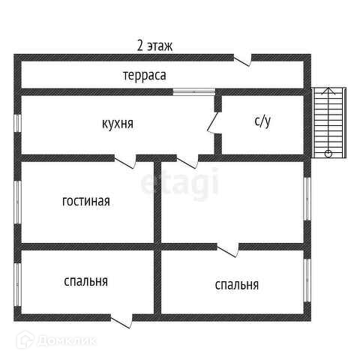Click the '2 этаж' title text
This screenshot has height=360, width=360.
[x=154, y=46]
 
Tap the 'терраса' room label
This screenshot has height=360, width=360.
[x=145, y=75]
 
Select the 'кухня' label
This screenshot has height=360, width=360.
[x=118, y=124]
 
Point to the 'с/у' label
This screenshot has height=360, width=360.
[x=262, y=121]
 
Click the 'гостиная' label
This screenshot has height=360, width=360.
[x=86, y=201]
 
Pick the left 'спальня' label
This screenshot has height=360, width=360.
[x=85, y=281]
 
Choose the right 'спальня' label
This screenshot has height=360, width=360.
[x=237, y=285]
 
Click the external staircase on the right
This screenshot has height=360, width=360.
[x=328, y=122]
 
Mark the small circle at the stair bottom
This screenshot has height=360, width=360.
[x=328, y=154]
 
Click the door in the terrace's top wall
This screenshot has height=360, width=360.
[x=242, y=60]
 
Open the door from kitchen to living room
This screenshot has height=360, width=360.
[x=125, y=161]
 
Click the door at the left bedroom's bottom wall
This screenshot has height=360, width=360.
[x=121, y=321]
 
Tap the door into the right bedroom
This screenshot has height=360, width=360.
[x=227, y=250]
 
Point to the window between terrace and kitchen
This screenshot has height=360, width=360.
[x=194, y=91]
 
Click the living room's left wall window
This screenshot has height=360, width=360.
[x=17, y=202]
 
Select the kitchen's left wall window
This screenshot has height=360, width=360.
[x=17, y=123]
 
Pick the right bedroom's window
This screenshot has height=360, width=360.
[x=307, y=280]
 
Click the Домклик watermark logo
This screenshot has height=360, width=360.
[x=56, y=340]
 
